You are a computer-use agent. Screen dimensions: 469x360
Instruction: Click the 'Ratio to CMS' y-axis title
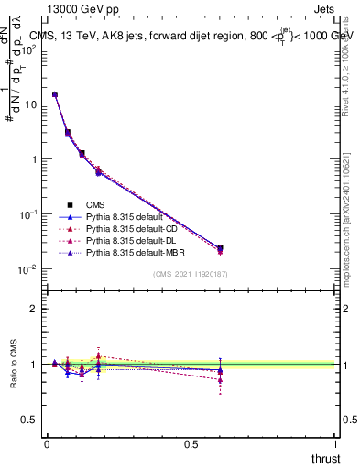pyautogui.click(x=15, y=364)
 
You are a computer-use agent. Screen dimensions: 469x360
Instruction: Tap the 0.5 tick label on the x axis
pyautogui.click(x=191, y=443)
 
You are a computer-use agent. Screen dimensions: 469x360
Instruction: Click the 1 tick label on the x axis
pyautogui.click(x=335, y=443)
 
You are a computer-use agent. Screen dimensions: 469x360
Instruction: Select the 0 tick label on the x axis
pyautogui.click(x=47, y=443)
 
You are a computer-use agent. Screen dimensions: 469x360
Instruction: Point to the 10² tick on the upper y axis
pyautogui.click(x=32, y=49)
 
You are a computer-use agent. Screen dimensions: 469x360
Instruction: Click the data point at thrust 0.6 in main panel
pyautogui.click(x=220, y=247)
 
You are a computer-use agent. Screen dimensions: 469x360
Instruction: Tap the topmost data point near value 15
pyautogui.click(x=55, y=94)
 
